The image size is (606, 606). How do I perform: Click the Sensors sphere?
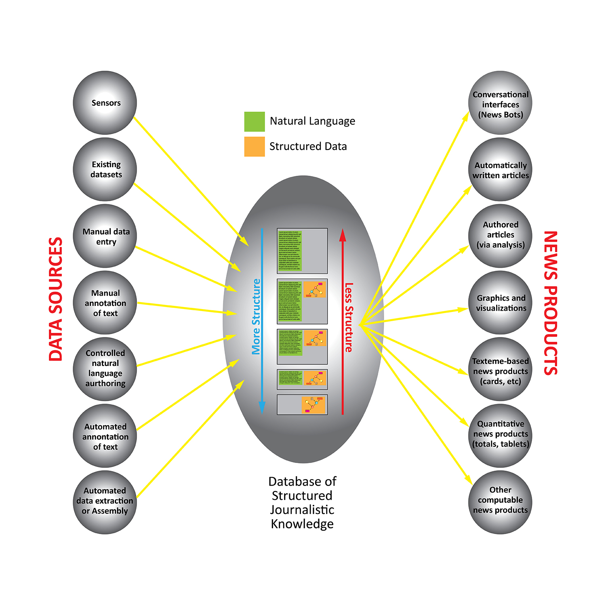pyautogui.click(x=105, y=103)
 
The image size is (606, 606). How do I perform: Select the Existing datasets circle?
pyautogui.click(x=105, y=169)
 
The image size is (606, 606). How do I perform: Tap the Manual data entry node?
pyautogui.click(x=105, y=236)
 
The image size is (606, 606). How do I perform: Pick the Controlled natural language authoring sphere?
pyautogui.click(x=105, y=369)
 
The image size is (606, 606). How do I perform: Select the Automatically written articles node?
pyautogui.click(x=500, y=169)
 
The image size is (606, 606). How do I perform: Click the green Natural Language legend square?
pyautogui.click(x=255, y=122)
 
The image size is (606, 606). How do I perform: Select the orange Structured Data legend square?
pyautogui.click(x=255, y=147)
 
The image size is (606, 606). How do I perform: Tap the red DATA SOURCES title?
pyautogui.click(x=56, y=299)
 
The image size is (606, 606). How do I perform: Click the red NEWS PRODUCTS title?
pyautogui.click(x=551, y=303)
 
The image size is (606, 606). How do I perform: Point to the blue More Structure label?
pyautogui.click(x=256, y=317)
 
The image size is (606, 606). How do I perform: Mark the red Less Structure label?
pyautogui.click(x=349, y=317)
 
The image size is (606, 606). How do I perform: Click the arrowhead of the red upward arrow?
pyautogui.click(x=343, y=235)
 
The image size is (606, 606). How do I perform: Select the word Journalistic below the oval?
pyautogui.click(x=302, y=510)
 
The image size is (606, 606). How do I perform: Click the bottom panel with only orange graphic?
pyautogui.click(x=302, y=404)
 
